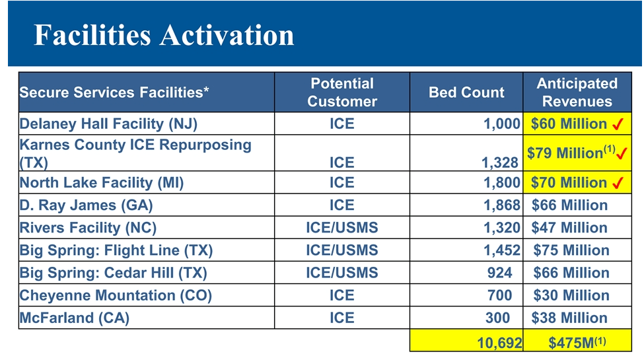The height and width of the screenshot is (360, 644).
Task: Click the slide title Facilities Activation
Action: point(164,35)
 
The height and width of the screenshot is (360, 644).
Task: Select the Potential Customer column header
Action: point(341,92)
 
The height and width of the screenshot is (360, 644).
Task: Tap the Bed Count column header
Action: point(466,92)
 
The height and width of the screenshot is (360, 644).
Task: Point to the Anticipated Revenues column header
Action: point(577,92)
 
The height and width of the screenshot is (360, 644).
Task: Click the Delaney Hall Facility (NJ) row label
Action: point(108,124)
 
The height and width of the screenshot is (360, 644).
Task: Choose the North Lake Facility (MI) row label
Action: point(102,183)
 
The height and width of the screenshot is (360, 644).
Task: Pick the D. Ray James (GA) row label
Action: point(86,205)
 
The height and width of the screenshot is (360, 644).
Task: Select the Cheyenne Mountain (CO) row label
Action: point(116,295)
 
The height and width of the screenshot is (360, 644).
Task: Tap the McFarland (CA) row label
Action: point(75,318)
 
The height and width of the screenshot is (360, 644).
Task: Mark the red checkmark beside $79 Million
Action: point(622,153)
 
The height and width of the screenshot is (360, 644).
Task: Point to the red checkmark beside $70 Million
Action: point(619,183)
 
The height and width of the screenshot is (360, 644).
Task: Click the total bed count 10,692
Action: point(499,343)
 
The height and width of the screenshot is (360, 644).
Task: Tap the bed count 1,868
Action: point(501,205)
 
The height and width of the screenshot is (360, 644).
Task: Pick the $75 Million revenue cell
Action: point(571,250)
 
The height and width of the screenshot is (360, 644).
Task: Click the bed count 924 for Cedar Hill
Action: point(499,273)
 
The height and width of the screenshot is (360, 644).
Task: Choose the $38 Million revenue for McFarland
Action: point(569,318)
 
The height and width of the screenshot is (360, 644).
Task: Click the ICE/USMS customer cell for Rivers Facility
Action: point(341,228)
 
